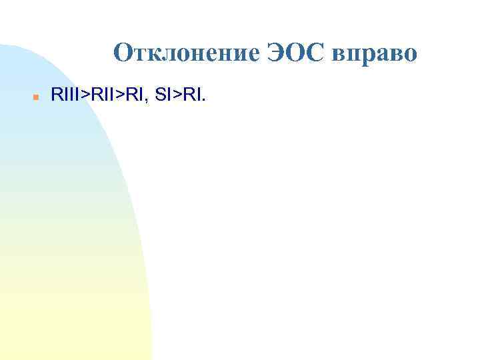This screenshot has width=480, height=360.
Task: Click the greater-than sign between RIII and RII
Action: pyautogui.click(x=83, y=97)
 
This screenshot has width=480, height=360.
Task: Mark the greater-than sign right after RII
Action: pyautogui.click(x=117, y=97)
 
